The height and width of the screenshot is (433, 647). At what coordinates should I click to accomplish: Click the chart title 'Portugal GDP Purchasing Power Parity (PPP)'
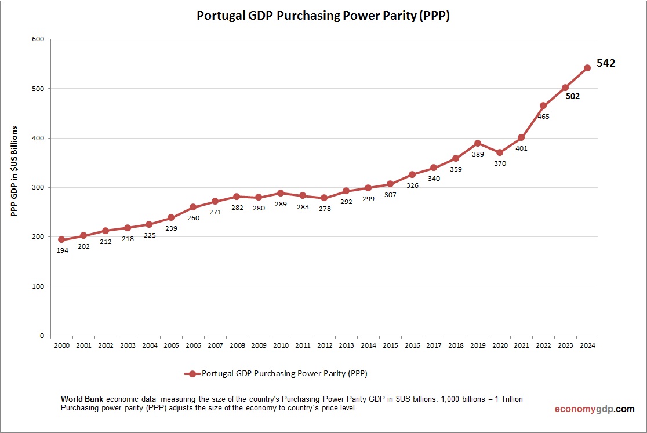point(323,16)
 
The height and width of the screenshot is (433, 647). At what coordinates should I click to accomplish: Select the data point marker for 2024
point(587,68)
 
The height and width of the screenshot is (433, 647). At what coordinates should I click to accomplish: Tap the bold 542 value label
point(606,63)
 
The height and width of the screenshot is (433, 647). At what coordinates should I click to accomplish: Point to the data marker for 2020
point(499,152)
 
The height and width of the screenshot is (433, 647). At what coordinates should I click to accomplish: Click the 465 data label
point(543,117)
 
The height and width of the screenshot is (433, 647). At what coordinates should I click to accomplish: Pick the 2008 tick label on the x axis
point(237,345)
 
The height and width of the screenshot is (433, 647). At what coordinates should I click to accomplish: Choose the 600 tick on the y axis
point(38,39)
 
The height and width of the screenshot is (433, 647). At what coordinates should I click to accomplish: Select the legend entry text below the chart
point(285,373)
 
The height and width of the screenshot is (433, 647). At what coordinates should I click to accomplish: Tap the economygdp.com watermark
point(594,409)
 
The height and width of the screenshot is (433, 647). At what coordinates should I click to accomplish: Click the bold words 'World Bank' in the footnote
point(82,399)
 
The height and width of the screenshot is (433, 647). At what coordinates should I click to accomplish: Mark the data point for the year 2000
point(61,239)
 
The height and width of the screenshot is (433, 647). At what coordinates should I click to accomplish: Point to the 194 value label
point(61,250)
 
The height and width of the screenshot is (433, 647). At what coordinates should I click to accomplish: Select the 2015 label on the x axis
point(390,345)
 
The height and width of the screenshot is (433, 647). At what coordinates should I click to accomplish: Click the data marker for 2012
point(324,198)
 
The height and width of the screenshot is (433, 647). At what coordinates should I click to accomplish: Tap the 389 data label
point(478,154)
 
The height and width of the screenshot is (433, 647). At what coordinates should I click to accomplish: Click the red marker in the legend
point(192,374)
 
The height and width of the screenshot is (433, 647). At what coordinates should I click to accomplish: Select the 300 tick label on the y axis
point(38,187)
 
